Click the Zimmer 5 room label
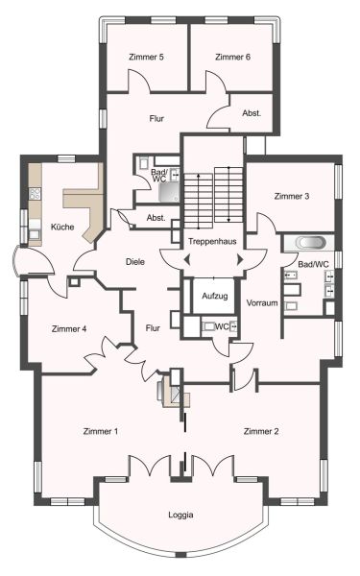click(x=147, y=58)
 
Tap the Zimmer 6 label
click(x=232, y=58)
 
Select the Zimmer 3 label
click(x=292, y=196)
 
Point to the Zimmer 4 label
click(x=69, y=329)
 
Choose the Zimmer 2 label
click(x=261, y=431)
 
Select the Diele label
click(x=135, y=261)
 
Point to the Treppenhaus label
click(x=211, y=240)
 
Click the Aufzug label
click(x=215, y=296)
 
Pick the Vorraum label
click(x=262, y=303)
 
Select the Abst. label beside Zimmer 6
click(x=252, y=112)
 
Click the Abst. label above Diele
click(x=156, y=218)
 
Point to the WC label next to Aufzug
click(x=221, y=327)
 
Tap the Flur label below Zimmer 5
click(x=157, y=119)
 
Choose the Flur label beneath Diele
click(x=152, y=328)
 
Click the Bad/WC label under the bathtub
click(x=313, y=263)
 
